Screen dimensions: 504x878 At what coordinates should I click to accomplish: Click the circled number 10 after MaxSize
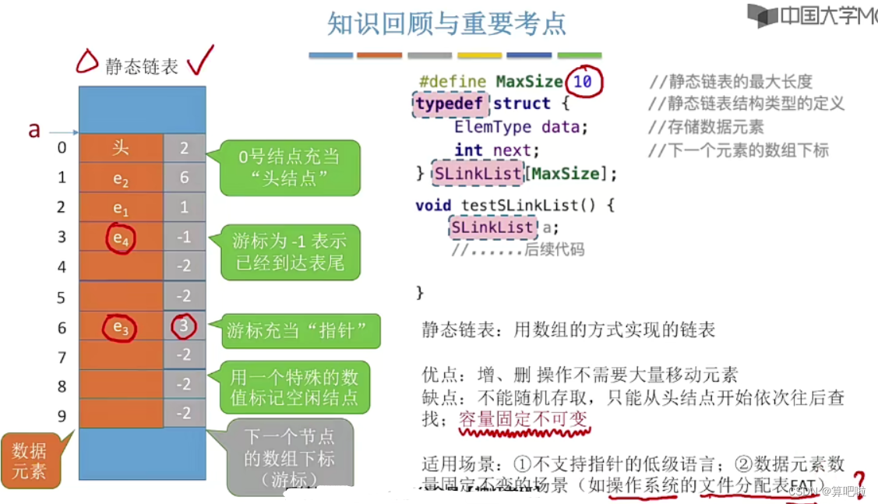583,82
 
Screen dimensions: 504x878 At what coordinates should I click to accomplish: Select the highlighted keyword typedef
450,104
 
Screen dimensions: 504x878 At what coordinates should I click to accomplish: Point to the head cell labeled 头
120,148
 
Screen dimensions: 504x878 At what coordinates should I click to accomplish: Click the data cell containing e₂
120,178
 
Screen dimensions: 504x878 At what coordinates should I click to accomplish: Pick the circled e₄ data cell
120,238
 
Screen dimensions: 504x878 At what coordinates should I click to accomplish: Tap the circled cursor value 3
184,326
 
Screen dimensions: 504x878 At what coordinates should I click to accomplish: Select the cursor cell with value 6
184,178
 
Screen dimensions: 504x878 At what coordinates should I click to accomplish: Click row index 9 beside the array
62,414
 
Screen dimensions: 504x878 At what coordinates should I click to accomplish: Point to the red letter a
33,129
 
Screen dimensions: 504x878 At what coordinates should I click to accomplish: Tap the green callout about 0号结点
289,167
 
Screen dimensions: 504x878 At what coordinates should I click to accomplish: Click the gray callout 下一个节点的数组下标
290,457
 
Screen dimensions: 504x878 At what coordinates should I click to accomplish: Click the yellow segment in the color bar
479,55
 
